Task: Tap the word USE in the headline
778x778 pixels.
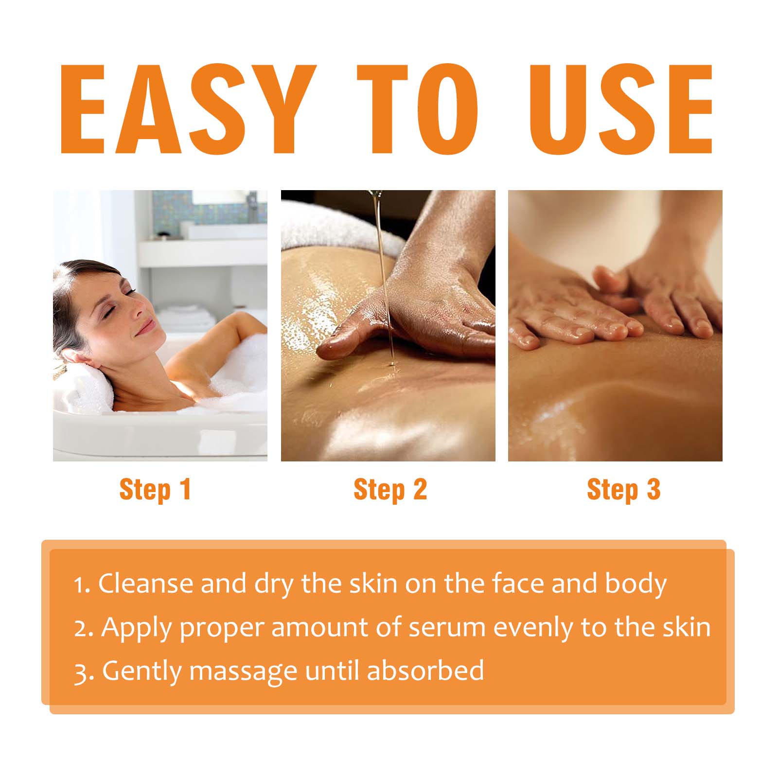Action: (x=621, y=109)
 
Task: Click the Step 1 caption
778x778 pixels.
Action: (x=155, y=489)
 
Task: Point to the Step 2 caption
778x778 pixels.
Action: (x=390, y=489)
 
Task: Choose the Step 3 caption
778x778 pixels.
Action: (x=623, y=489)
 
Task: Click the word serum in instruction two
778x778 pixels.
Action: (x=446, y=627)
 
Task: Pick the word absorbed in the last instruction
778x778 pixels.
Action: (x=425, y=670)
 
